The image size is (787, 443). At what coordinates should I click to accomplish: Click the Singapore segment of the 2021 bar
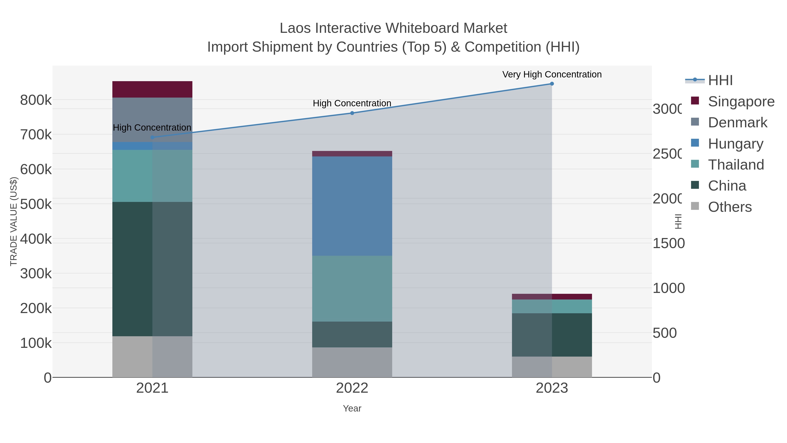coord(152,89)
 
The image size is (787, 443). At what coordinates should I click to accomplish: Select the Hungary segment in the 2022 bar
coord(352,206)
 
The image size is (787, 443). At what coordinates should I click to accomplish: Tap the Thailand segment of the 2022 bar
coord(352,289)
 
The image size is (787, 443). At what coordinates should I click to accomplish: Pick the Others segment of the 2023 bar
coord(552,367)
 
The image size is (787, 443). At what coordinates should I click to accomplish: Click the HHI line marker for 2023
coord(552,84)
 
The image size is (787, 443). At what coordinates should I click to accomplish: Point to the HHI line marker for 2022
coord(352,113)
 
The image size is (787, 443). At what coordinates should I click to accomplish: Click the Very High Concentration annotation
coord(552,74)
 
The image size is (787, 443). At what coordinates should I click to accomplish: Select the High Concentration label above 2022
coord(352,103)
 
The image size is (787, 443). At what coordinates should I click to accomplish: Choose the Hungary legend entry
coord(735,144)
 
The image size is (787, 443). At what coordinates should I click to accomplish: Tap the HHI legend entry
coord(720,81)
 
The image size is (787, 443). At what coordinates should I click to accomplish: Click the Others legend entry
coord(730,207)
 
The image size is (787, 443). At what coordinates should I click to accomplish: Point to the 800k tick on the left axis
coord(36,100)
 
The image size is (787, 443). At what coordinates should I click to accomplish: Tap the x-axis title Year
coord(352,408)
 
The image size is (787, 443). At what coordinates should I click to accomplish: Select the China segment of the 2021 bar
coord(152,269)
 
